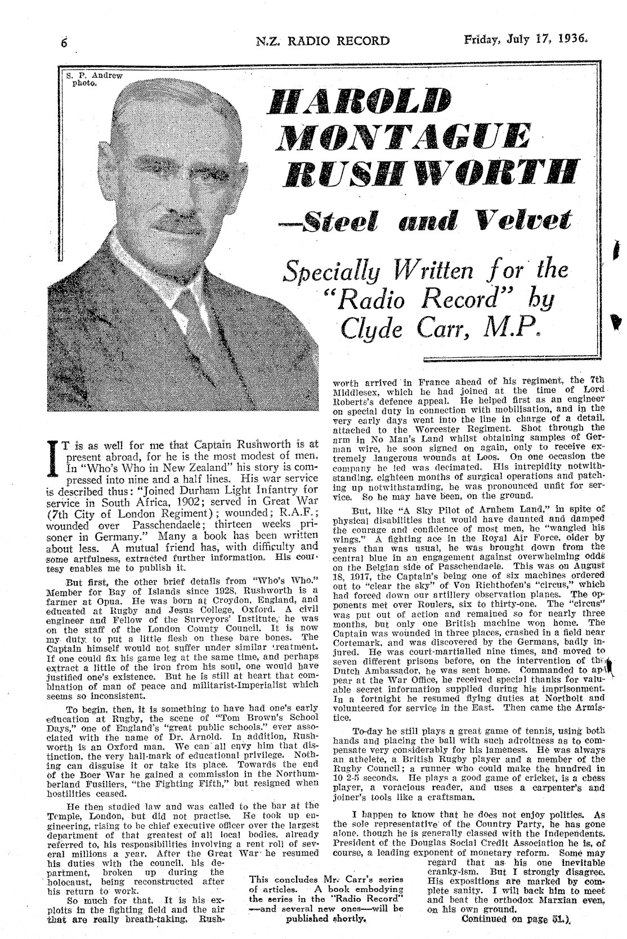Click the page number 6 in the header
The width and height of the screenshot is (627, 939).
coord(64,42)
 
